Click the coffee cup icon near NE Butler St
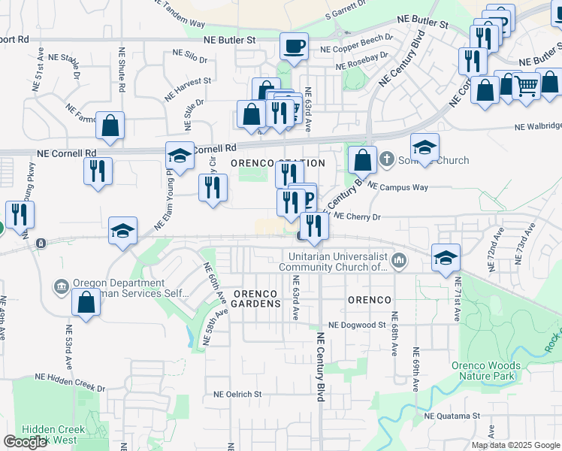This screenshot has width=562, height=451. point(294,47)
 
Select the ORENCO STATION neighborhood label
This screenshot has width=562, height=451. point(277,163)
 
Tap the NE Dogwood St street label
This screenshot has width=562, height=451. point(357,325)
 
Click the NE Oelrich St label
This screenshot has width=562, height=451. point(237,393)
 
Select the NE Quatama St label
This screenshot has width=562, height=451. point(452,416)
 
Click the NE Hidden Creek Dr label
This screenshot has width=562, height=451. point(71,384)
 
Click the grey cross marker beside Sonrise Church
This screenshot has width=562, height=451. point(386,159)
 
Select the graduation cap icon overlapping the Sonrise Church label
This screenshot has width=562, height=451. point(425,147)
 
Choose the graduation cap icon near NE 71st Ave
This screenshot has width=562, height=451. point(446,257)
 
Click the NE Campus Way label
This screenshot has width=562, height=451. point(397,186)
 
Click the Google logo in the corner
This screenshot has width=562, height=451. point(26,442)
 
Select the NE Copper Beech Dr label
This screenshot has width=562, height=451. point(356,42)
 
